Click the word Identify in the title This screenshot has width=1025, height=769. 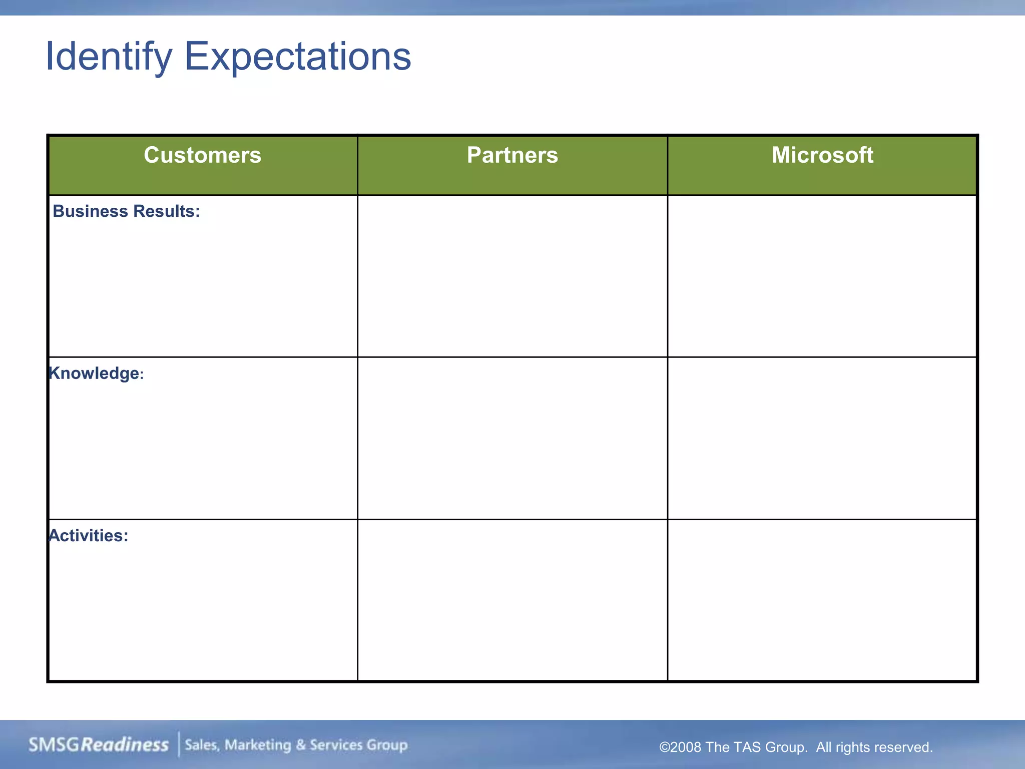[x=109, y=57]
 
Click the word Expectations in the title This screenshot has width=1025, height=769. [x=298, y=57]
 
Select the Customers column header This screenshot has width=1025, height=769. [x=203, y=155]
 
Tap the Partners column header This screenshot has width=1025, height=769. [x=512, y=155]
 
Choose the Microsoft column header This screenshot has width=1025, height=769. [x=822, y=155]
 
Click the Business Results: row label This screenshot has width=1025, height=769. [x=126, y=211]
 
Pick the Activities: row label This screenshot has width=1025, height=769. [x=89, y=536]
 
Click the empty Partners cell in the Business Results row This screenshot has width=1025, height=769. [x=512, y=276]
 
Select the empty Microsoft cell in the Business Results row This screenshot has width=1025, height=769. [x=822, y=276]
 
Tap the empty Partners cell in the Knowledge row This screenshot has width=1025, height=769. [x=512, y=438]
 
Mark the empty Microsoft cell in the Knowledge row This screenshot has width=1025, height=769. [x=822, y=438]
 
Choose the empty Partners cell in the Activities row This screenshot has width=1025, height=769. [x=512, y=600]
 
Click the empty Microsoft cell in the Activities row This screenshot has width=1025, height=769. [x=822, y=600]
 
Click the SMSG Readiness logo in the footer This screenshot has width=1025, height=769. [x=99, y=745]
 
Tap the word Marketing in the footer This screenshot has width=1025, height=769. [x=258, y=745]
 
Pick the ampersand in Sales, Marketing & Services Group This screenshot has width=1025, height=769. [x=300, y=745]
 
